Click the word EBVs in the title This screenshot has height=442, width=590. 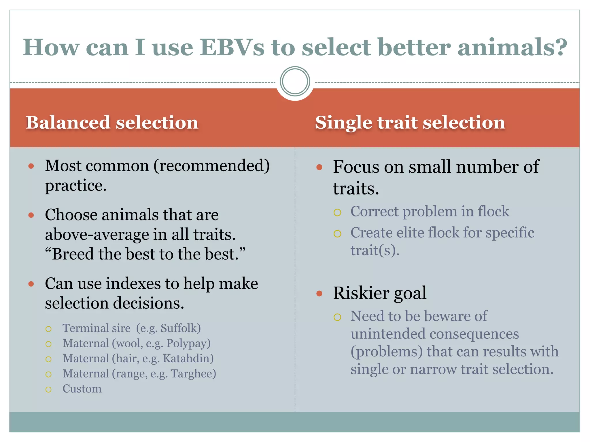click(x=232, y=47)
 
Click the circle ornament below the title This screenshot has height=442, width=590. click(x=295, y=81)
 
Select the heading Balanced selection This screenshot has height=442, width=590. click(x=112, y=123)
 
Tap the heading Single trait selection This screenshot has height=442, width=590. click(x=410, y=123)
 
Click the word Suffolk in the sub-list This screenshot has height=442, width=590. click(x=179, y=328)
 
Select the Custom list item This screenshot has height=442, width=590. click(x=82, y=389)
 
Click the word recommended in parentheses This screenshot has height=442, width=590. click(x=212, y=166)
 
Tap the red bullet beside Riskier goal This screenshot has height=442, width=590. click(x=319, y=294)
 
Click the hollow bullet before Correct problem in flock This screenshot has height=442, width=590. click(x=337, y=213)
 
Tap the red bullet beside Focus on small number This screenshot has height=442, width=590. click(x=319, y=167)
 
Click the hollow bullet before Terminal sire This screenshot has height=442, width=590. click(x=48, y=329)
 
